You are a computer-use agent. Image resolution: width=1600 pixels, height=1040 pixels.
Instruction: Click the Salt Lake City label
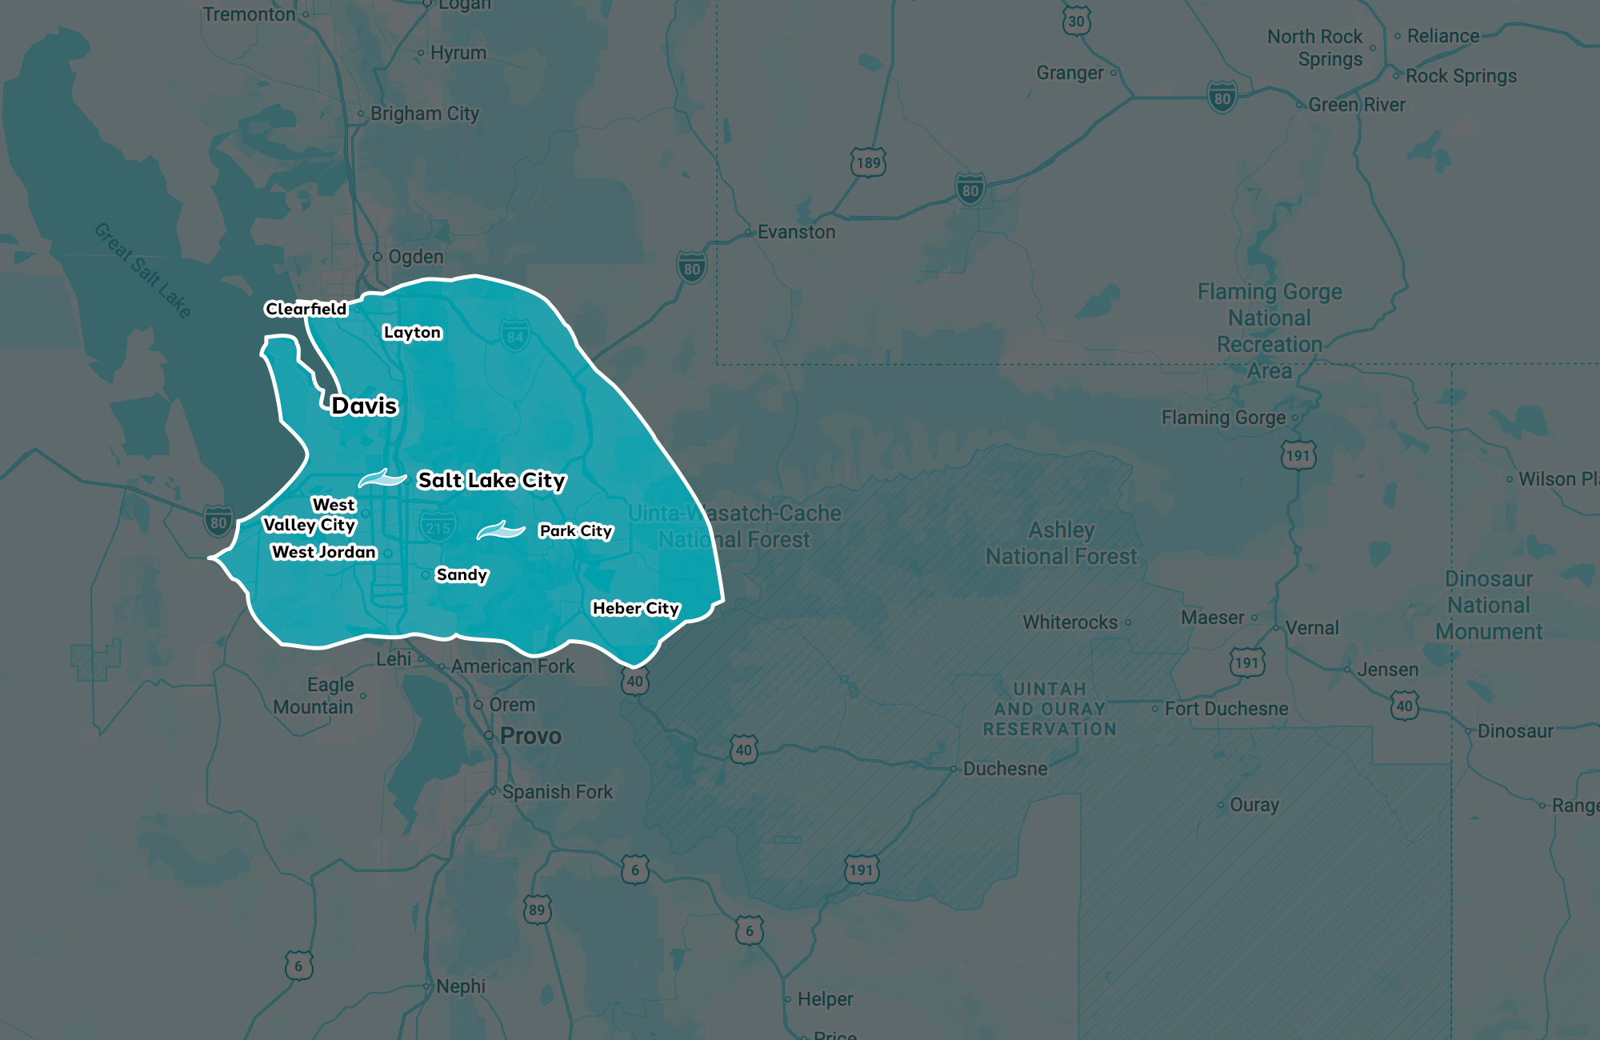[491, 480]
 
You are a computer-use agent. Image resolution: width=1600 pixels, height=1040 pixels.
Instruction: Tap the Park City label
[575, 531]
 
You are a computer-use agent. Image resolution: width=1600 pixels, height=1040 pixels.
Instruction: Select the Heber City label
[635, 609]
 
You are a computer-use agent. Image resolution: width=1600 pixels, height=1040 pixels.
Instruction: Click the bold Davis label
[364, 406]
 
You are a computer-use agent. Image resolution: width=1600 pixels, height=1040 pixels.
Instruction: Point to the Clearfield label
[306, 309]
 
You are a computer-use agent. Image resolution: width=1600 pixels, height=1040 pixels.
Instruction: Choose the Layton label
[412, 332]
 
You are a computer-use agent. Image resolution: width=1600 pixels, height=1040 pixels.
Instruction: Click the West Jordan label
[323, 552]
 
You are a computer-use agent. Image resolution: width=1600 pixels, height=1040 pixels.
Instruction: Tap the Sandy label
[461, 574]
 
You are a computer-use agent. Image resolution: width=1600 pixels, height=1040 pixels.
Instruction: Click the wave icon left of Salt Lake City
[382, 478]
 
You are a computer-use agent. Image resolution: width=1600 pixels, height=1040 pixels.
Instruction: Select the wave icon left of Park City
[501, 530]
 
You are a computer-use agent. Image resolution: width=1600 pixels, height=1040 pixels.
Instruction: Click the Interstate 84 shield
[515, 336]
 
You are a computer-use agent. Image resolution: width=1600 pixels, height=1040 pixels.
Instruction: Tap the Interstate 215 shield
[438, 528]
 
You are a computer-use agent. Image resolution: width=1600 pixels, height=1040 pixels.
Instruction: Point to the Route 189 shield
[868, 163]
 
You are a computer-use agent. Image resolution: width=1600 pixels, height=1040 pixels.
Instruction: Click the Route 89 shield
[537, 910]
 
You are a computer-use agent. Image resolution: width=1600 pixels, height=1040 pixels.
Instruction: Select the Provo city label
[530, 736]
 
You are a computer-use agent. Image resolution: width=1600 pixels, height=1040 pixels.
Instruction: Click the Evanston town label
[795, 232]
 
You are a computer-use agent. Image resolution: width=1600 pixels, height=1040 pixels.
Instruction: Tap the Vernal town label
[1311, 628]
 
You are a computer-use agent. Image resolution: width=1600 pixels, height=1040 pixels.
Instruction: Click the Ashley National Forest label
[1061, 543]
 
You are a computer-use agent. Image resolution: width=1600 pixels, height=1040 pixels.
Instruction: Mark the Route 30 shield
[1076, 22]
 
